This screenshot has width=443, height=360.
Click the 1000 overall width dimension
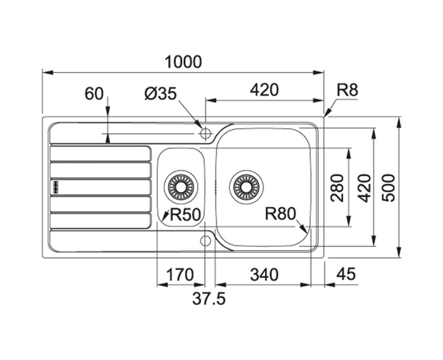pos(183,62)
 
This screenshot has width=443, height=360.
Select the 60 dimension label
pos(94,94)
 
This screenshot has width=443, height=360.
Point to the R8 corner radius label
pos(347,90)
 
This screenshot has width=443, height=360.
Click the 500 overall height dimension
pos(389,187)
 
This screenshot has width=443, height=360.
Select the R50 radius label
pos(184,214)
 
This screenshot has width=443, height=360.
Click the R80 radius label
pos(281,213)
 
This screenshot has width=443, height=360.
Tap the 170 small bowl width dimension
pos(180,274)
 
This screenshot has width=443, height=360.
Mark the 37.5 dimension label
pos(209,299)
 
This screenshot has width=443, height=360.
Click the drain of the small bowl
pos(181,186)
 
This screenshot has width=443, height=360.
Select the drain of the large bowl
pos(246,186)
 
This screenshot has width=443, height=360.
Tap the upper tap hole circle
pos(205,133)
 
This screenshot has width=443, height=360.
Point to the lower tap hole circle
pos(205,240)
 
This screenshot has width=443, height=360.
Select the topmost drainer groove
pos(100,153)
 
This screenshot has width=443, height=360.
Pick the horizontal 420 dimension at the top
pos(264,90)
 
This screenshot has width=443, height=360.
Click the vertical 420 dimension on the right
pos(364,187)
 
